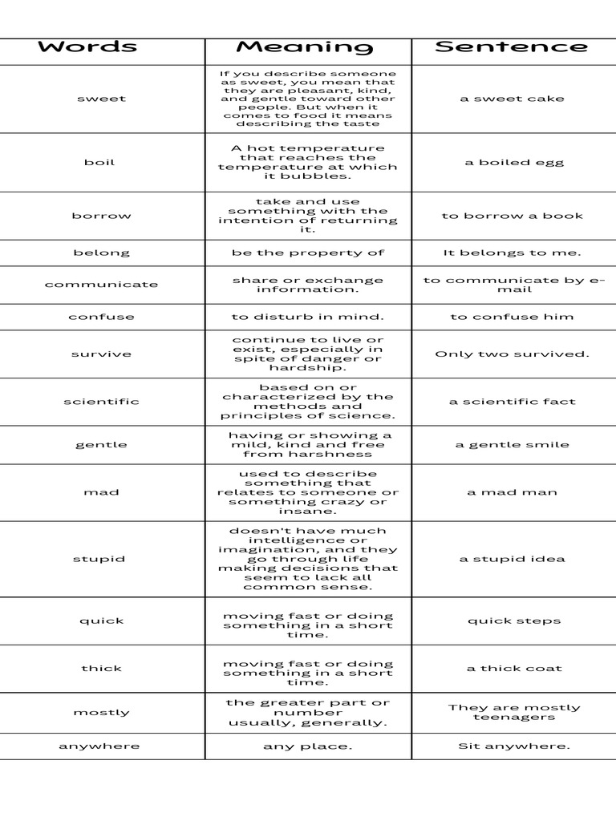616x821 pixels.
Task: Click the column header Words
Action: click(x=87, y=47)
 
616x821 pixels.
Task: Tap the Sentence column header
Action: click(x=511, y=47)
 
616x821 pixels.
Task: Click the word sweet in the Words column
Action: click(x=101, y=99)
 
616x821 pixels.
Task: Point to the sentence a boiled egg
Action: click(x=514, y=163)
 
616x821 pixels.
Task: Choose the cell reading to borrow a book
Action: click(x=513, y=216)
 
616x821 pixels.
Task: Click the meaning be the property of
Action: click(x=308, y=253)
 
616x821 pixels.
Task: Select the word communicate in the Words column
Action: click(x=101, y=285)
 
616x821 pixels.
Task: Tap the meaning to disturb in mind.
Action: click(x=308, y=317)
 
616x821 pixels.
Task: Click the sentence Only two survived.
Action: click(x=513, y=354)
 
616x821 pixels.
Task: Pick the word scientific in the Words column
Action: click(x=101, y=402)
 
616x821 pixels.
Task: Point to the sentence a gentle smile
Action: click(x=513, y=445)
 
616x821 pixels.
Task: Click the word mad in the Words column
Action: click(x=101, y=492)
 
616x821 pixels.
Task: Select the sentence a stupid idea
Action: click(x=513, y=560)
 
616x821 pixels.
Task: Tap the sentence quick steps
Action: click(x=514, y=621)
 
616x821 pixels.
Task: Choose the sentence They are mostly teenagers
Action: click(x=514, y=713)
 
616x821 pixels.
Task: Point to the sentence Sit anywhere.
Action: click(x=514, y=746)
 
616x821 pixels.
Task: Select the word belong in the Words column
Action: click(x=101, y=253)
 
